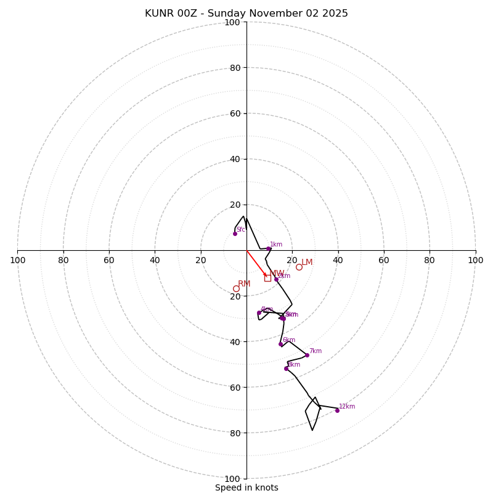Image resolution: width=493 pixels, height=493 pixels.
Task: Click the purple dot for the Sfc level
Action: pyautogui.click(x=235, y=234)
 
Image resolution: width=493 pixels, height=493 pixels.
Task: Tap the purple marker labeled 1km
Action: pyautogui.click(x=268, y=248)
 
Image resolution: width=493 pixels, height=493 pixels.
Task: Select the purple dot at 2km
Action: pyautogui.click(x=276, y=279)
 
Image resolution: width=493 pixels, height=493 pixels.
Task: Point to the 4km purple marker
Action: pyautogui.click(x=259, y=312)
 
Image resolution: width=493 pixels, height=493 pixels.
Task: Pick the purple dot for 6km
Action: pyautogui.click(x=280, y=344)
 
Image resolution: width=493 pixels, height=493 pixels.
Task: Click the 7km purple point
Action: pyautogui.click(x=307, y=355)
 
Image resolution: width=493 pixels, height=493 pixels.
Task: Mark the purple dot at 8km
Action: pyautogui.click(x=286, y=369)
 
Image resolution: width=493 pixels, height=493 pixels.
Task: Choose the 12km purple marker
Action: pyautogui.click(x=337, y=410)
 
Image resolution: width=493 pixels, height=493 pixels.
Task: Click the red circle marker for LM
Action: pyautogui.click(x=299, y=267)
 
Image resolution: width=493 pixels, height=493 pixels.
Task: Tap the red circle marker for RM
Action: pyautogui.click(x=236, y=288)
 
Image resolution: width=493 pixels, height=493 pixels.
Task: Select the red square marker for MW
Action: pyautogui.click(x=267, y=278)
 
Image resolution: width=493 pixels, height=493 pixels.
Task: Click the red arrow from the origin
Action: pyautogui.click(x=257, y=264)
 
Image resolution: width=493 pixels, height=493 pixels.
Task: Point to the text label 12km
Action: pyautogui.click(x=347, y=407)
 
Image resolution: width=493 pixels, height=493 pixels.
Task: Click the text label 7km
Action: pyautogui.click(x=316, y=351)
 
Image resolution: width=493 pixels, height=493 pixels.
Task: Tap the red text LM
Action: pyautogui.click(x=307, y=263)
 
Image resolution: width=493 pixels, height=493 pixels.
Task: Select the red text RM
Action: pyautogui.click(x=244, y=284)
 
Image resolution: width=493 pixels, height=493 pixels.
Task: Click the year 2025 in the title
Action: pyautogui.click(x=336, y=14)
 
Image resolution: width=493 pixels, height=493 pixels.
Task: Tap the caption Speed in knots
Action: pyautogui.click(x=246, y=487)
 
